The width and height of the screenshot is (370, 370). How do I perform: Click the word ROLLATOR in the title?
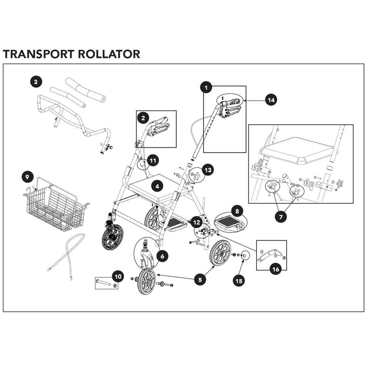pos(109,54)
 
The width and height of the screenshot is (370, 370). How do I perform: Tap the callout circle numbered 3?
pos(36,82)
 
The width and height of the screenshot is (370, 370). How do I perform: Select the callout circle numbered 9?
pos(27,177)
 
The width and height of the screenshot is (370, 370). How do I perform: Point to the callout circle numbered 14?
pos(271,100)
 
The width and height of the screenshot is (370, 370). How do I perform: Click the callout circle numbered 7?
pos(281,216)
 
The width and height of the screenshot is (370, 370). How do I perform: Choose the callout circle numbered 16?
pos(276,269)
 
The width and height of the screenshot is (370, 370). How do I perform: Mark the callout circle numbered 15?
pos(239,281)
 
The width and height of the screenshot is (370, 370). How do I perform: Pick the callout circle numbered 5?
pos(200,280)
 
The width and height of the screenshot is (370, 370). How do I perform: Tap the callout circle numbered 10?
pos(118,276)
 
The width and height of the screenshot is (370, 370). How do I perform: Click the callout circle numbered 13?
pos(208,170)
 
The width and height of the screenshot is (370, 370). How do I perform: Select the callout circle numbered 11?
pos(153,160)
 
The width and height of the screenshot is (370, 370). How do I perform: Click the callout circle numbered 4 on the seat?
pos(157,186)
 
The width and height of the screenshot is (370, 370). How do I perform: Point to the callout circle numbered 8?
pos(237,211)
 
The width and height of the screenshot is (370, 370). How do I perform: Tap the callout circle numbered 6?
pos(162,256)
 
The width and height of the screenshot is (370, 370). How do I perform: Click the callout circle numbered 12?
pos(197,222)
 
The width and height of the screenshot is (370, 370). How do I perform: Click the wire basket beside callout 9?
pos(55,205)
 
